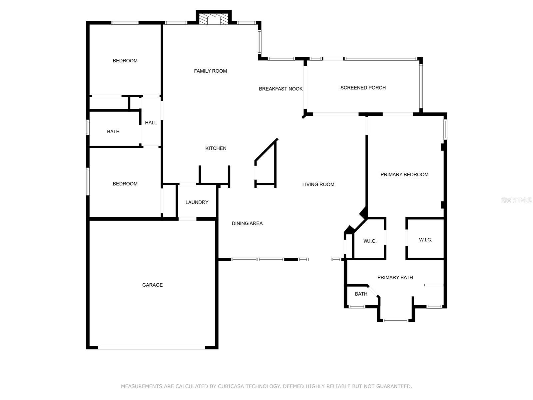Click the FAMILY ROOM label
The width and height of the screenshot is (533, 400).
click(x=210, y=71)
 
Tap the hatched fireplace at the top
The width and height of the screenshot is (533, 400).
click(x=214, y=19)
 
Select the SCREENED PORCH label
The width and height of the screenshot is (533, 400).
click(x=363, y=88)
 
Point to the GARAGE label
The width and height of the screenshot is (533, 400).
click(x=152, y=285)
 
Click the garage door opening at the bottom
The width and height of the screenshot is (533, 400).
click(x=152, y=347)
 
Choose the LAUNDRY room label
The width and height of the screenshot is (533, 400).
click(x=197, y=202)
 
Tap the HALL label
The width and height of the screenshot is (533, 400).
click(x=151, y=123)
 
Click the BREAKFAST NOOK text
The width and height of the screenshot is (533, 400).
click(x=280, y=89)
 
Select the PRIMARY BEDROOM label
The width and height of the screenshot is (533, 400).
click(x=404, y=175)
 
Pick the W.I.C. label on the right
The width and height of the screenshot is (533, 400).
click(x=425, y=240)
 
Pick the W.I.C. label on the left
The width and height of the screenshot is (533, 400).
click(x=370, y=241)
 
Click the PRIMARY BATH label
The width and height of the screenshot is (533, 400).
click(x=395, y=277)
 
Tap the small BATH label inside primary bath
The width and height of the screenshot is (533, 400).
click(x=361, y=294)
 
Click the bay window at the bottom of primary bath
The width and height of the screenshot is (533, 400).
click(x=395, y=320)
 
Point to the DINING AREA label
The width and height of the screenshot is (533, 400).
click(x=247, y=223)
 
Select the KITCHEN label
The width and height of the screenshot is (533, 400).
click(x=216, y=148)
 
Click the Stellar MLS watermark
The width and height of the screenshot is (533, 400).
click(x=516, y=200)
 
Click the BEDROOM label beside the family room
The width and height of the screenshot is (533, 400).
click(x=125, y=61)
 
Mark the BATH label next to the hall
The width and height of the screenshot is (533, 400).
click(x=113, y=132)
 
